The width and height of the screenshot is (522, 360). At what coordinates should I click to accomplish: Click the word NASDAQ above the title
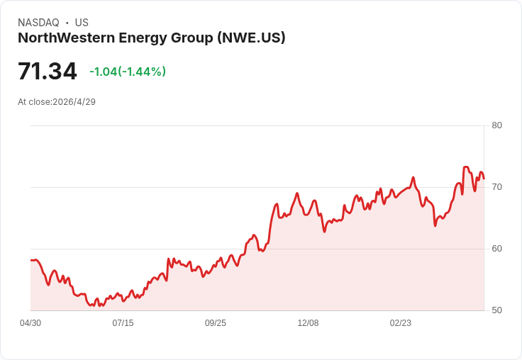click(38, 23)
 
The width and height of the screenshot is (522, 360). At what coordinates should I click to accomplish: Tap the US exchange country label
click(82, 23)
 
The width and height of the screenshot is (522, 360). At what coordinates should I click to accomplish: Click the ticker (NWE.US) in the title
click(251, 38)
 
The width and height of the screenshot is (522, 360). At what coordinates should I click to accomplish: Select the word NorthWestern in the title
click(66, 38)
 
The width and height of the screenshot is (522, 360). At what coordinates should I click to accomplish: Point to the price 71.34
click(48, 71)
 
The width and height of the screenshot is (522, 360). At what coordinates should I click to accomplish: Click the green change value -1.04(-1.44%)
click(128, 72)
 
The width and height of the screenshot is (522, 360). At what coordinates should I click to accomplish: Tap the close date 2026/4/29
click(74, 102)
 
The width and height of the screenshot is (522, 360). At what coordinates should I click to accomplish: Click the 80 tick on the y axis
click(496, 125)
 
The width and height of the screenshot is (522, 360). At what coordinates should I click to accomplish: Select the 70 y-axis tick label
click(496, 187)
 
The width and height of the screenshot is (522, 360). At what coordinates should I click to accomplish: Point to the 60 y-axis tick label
click(496, 249)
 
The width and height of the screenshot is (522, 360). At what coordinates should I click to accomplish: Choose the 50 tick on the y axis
click(496, 310)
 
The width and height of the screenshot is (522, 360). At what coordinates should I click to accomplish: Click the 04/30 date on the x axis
click(30, 323)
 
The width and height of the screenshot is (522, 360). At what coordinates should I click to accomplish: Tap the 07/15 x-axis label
click(123, 323)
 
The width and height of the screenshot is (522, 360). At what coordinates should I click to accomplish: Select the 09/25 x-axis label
click(216, 323)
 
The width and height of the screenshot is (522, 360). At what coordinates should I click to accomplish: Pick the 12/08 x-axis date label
click(308, 323)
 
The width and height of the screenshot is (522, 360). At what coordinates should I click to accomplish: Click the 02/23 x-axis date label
click(401, 323)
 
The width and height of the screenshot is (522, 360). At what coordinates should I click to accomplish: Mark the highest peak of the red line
click(466, 167)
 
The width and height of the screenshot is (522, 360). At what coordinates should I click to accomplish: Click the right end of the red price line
click(484, 179)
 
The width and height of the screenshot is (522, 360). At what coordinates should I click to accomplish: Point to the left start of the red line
click(31, 260)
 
